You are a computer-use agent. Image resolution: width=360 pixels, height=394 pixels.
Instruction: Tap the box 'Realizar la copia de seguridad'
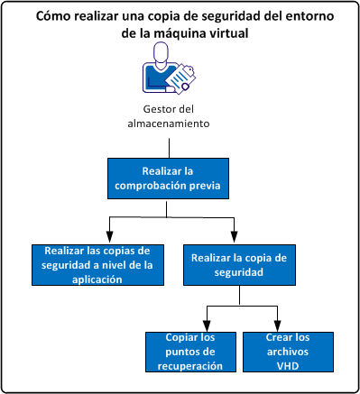pyautogui.click(x=239, y=264)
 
